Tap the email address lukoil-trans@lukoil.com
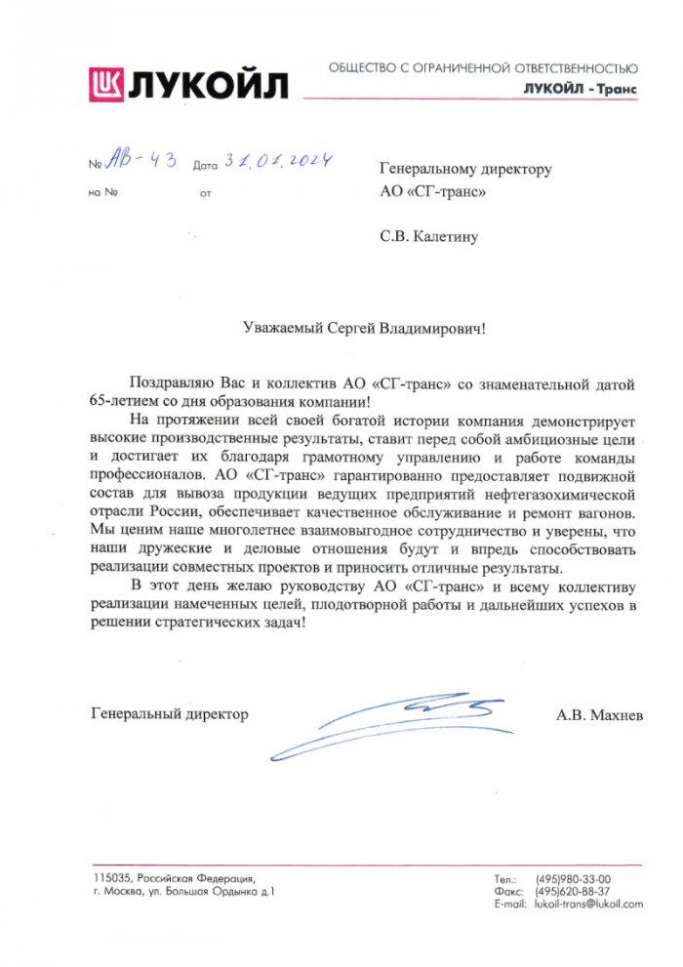click(x=588, y=905)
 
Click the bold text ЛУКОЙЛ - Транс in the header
click(x=580, y=89)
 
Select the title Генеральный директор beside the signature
click(x=169, y=713)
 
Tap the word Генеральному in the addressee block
click(x=424, y=169)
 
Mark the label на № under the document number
click(x=103, y=192)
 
